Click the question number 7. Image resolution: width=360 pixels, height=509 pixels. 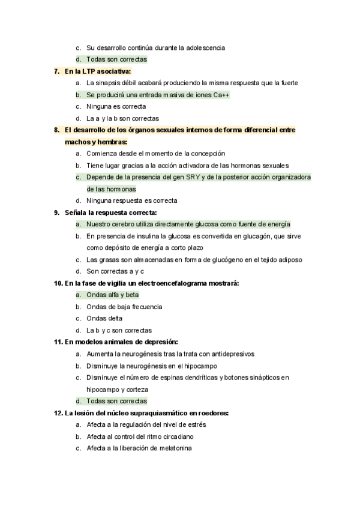56,71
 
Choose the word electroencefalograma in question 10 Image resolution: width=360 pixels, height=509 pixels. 172,283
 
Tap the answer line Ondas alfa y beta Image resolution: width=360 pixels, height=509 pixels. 112,295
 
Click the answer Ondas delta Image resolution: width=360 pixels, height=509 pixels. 104,318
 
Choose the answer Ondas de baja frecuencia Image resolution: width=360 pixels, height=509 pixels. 124,307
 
